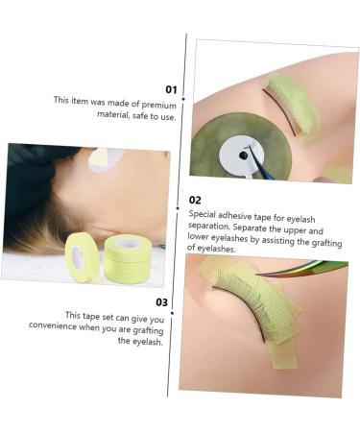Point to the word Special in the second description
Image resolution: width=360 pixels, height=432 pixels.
[205, 215]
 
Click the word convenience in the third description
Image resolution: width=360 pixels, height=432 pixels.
[82, 327]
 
